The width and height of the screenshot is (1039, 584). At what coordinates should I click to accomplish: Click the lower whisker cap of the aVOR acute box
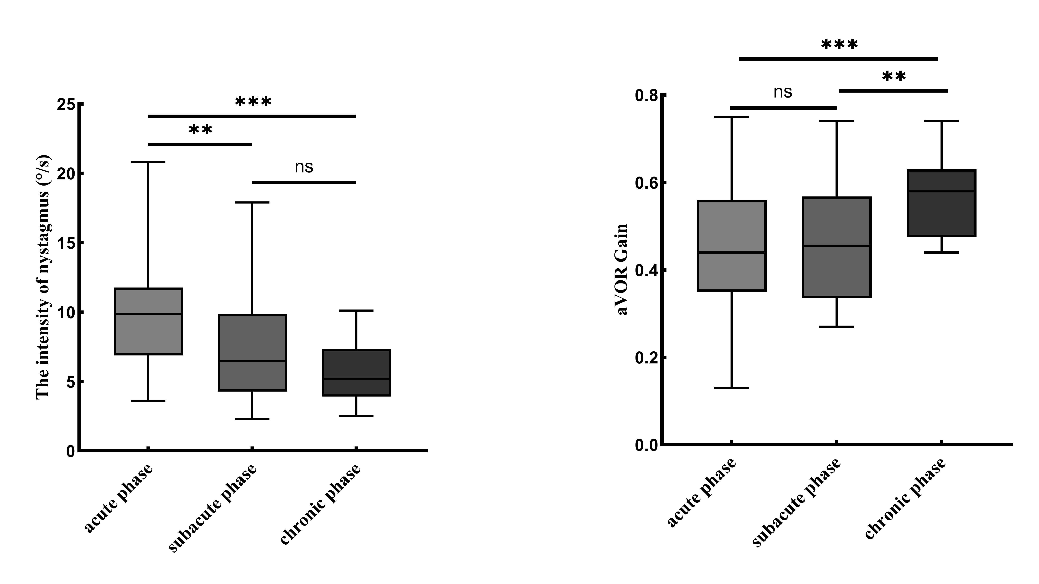[732, 388]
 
